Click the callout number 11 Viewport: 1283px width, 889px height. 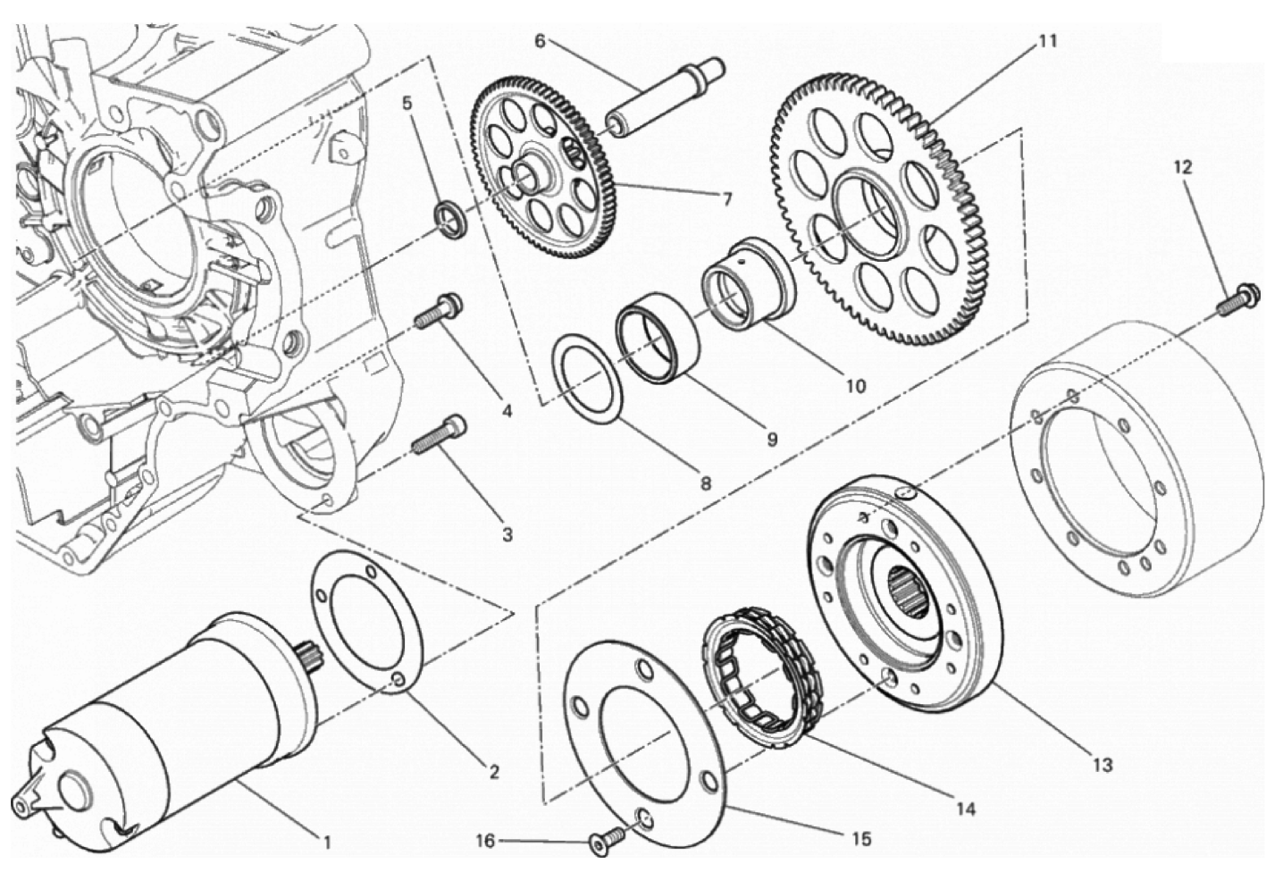[1048, 42]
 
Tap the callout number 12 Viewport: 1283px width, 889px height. [1183, 167]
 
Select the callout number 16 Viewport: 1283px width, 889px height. [484, 841]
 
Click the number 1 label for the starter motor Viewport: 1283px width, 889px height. [327, 843]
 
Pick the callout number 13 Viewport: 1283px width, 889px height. [1103, 765]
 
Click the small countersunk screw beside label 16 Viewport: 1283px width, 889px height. [605, 842]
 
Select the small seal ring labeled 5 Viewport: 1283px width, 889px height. [452, 220]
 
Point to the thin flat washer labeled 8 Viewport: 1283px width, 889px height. [589, 378]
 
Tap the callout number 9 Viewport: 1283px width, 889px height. [772, 440]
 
